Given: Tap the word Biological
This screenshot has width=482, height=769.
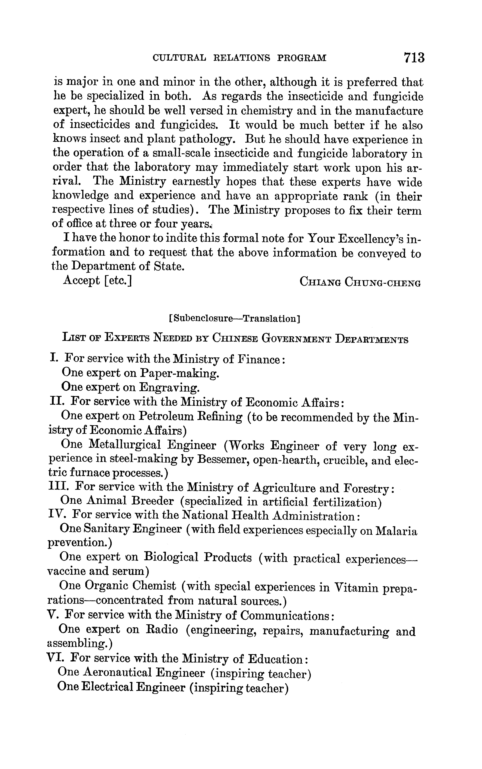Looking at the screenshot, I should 171,557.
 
